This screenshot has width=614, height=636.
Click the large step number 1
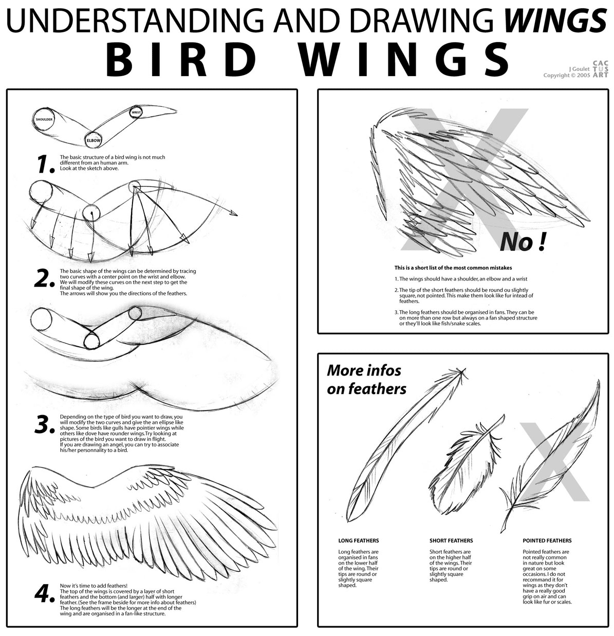(x=45, y=164)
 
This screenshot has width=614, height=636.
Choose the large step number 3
(x=45, y=424)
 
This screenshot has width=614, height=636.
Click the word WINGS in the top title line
(x=555, y=20)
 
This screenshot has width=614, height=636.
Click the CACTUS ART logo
(x=601, y=69)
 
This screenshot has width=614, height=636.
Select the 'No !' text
(x=523, y=242)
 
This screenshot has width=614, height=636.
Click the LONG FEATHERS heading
(x=358, y=540)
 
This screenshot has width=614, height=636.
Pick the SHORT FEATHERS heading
(x=451, y=540)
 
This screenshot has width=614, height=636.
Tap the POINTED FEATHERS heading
(x=547, y=540)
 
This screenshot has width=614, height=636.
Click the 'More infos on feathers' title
(x=366, y=380)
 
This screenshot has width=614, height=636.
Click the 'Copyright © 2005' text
(x=567, y=75)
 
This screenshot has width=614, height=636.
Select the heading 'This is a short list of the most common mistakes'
(x=453, y=268)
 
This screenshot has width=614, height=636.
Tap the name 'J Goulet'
(x=579, y=69)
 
